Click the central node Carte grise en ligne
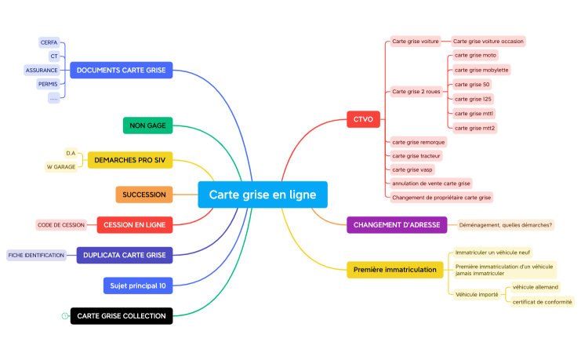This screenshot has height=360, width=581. (x=262, y=195)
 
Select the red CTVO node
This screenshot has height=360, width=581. (x=363, y=119)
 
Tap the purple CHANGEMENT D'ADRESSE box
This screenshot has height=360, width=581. (x=397, y=225)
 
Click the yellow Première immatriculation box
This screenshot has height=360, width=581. (x=394, y=270)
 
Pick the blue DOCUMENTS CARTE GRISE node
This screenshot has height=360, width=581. (x=121, y=71)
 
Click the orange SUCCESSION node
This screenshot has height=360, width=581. (x=144, y=195)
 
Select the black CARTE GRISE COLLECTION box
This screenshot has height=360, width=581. (x=121, y=316)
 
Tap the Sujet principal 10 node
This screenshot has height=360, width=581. (x=137, y=285)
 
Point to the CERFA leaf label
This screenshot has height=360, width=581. (x=49, y=42)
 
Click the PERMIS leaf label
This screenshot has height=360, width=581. (x=48, y=84)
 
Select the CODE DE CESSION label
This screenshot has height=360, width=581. (x=60, y=225)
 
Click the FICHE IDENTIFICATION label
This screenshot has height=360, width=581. (x=36, y=255)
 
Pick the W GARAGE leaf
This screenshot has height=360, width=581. (x=61, y=166)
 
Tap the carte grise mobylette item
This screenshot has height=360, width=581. (x=481, y=70)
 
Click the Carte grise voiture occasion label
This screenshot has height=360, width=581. (x=488, y=41)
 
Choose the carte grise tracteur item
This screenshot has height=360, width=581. (x=416, y=156)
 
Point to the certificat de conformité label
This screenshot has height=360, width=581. (x=542, y=301)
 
